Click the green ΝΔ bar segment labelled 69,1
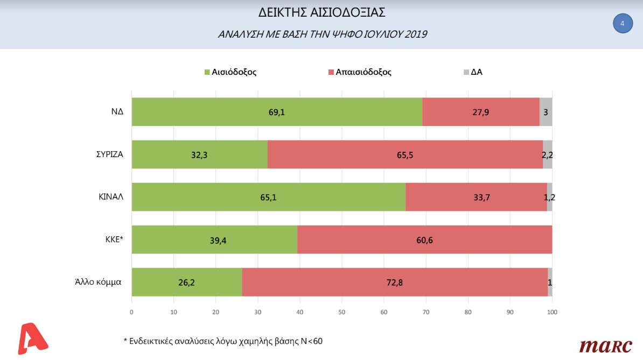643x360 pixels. pos(277,112)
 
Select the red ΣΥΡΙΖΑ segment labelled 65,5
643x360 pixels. pos(405,154)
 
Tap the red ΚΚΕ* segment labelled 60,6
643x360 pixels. pos(424,239)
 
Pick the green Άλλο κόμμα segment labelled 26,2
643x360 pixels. pos(187,282)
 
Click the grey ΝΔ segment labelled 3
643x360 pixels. pos(546,112)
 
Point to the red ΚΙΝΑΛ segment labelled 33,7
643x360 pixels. pos(476,197)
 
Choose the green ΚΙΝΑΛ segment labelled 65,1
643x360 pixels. pos(268,197)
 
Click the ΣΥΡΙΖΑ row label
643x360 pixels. pos(107,154)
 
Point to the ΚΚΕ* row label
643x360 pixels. pos(113,239)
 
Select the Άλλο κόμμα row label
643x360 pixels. pos(98,282)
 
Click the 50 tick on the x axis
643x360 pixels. pos(342,312)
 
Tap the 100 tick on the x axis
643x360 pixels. pos(552,312)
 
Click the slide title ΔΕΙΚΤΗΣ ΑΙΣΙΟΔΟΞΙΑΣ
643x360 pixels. pos(322,12)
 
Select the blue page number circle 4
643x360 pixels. pos(623,23)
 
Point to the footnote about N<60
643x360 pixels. pos(223,341)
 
